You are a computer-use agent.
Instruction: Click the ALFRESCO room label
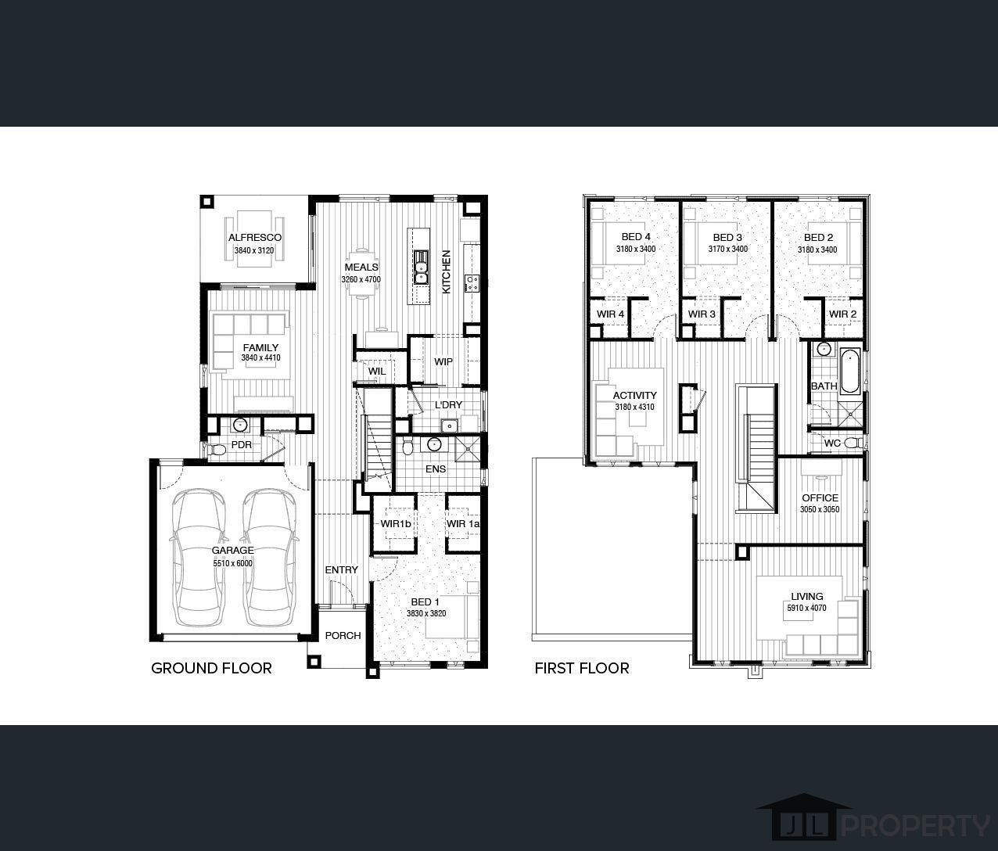tap(254, 238)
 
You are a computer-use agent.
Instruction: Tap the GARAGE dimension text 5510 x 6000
tap(233, 563)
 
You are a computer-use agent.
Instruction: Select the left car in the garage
tap(196, 557)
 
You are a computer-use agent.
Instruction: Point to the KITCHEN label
tap(447, 271)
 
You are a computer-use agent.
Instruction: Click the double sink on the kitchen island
tap(421, 266)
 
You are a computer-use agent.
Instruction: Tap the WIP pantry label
tap(443, 362)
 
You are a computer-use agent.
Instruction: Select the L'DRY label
tap(448, 404)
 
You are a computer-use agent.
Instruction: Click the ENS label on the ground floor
tap(436, 469)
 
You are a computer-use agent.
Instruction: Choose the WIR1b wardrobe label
tap(396, 523)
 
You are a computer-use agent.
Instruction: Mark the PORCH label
tap(343, 635)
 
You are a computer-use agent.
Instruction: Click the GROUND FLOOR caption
tap(211, 668)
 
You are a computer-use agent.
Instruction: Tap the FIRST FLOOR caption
tap(582, 668)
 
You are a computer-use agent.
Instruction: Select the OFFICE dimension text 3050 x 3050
tap(820, 509)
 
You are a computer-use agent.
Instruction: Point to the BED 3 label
tap(727, 237)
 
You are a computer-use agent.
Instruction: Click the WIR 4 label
tap(610, 314)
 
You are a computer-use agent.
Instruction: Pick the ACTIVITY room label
tap(634, 395)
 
